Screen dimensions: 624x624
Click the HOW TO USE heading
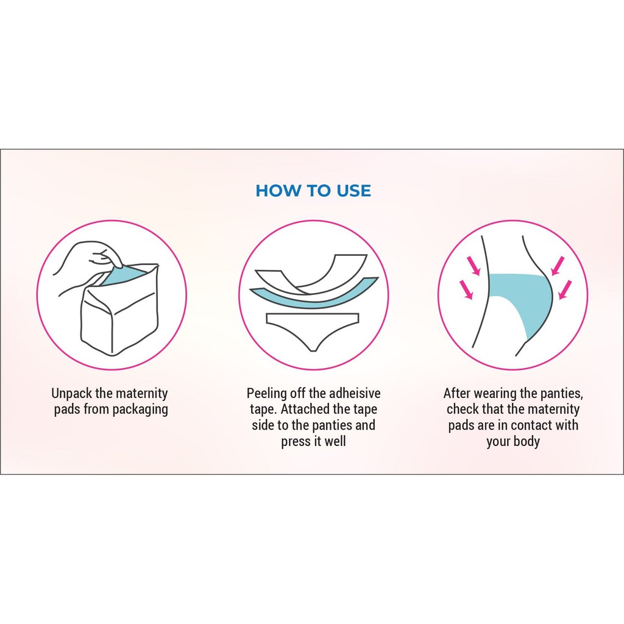tap(313, 191)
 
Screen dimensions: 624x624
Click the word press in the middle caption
tap(295, 442)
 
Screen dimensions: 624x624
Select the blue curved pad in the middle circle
tap(314, 294)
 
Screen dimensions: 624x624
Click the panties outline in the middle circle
tap(313, 331)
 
